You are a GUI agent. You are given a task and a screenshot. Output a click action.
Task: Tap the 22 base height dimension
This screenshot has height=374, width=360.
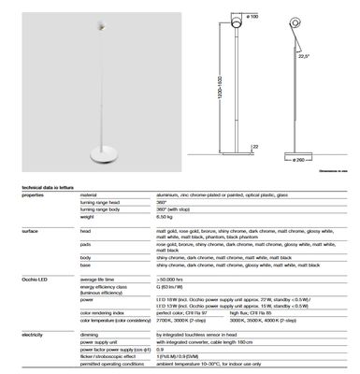257,146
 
